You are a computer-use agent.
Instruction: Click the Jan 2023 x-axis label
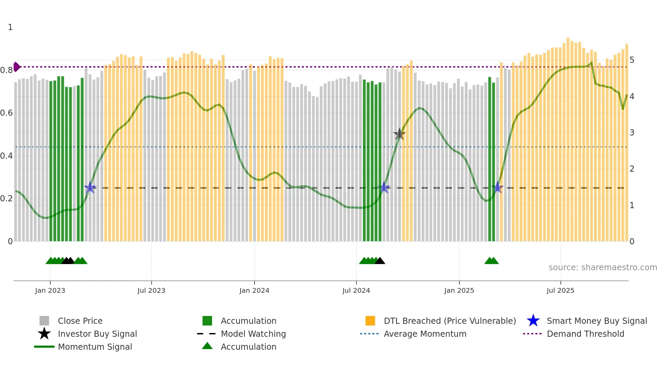[x=50, y=290]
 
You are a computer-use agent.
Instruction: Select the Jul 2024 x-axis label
[x=356, y=290]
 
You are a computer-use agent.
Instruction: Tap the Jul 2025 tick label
[x=560, y=290]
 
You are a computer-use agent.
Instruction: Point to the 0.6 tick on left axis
[x=6, y=113]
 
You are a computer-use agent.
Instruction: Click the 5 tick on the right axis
[x=632, y=60]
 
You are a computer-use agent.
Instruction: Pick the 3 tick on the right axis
[x=632, y=133]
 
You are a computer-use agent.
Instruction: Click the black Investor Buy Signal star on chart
[x=399, y=134]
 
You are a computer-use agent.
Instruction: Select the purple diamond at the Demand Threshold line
[x=16, y=67]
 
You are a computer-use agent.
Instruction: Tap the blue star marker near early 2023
[x=90, y=187]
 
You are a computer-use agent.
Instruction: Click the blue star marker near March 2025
[x=498, y=187]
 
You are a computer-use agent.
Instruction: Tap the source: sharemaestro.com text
[x=603, y=267]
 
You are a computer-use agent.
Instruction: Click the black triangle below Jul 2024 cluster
[x=380, y=261]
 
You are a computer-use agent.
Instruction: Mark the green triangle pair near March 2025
[x=491, y=261]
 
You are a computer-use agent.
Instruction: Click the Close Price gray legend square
[x=44, y=321]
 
